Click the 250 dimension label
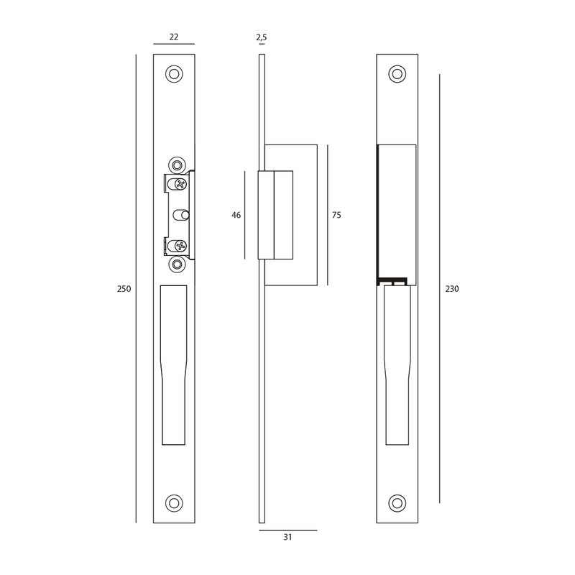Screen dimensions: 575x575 (x=124, y=289)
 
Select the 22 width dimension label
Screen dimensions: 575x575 (x=174, y=37)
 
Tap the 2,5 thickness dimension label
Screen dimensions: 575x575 (x=262, y=37)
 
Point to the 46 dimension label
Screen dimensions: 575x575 (x=236, y=215)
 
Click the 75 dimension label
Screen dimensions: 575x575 (x=336, y=215)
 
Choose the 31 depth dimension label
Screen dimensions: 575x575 (x=288, y=537)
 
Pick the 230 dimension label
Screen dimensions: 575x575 (x=452, y=289)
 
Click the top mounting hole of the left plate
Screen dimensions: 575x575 (x=174, y=74)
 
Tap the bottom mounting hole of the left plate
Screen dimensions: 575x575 (x=174, y=503)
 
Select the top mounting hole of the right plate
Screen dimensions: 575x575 (x=397, y=74)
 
